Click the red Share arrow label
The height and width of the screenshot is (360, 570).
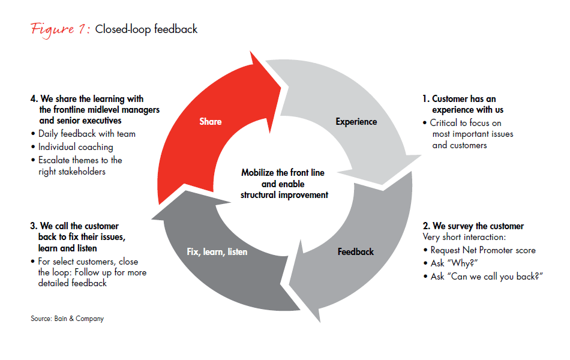click(210, 122)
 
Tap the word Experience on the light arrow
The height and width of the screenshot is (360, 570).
click(356, 122)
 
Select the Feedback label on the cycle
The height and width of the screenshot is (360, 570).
click(355, 252)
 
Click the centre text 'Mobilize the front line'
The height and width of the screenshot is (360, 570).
click(283, 173)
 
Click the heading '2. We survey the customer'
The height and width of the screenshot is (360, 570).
click(473, 226)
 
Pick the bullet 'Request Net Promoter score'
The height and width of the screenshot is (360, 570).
click(482, 250)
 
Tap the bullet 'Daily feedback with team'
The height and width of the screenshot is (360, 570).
click(86, 134)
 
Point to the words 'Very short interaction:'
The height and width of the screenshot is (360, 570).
click(463, 238)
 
